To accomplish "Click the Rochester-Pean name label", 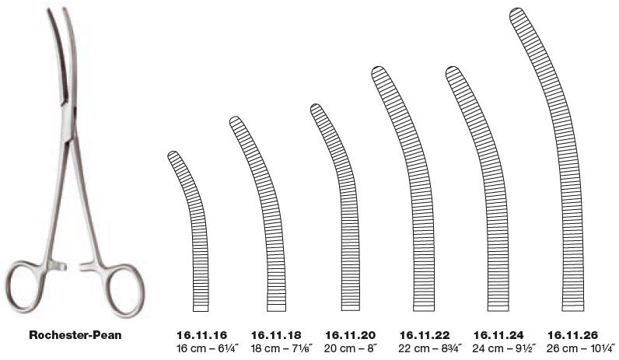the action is coord(75,335).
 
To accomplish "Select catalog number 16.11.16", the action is coord(201,335).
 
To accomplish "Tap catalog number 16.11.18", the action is coord(276,335).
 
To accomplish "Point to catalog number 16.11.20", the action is coord(350,335).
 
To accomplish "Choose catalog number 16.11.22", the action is coord(425,335).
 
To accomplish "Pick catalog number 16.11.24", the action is coord(498,335).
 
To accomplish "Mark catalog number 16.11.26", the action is coord(572,335).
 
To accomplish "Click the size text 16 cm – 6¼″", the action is coord(208,348).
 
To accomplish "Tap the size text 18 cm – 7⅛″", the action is coord(282,348).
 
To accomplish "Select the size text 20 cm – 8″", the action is coord(351,348).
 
